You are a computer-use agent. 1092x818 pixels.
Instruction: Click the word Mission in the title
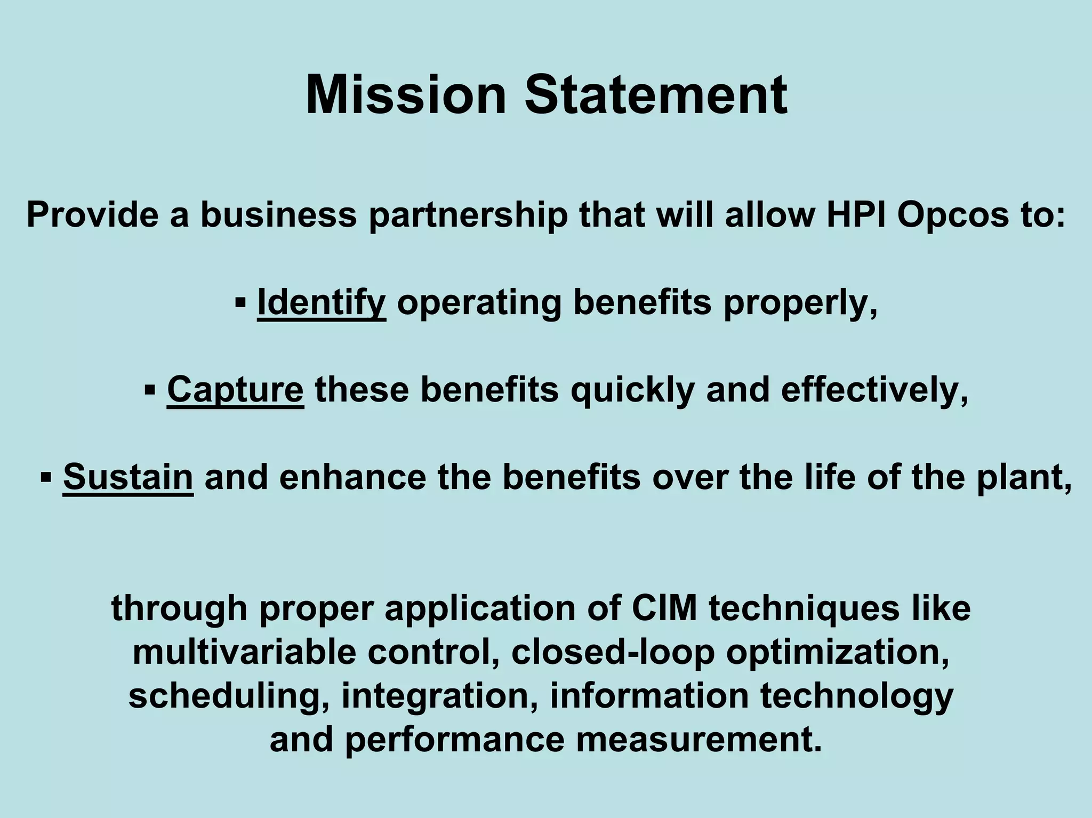[405, 95]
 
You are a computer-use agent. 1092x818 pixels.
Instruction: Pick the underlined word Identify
[322, 302]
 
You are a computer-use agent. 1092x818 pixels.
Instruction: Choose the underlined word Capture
[235, 390]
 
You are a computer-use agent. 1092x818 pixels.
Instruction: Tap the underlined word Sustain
[128, 477]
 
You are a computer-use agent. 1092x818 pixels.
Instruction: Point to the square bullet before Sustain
[46, 476]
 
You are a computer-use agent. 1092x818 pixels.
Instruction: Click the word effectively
[874, 390]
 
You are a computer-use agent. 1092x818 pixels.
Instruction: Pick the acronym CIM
[664, 607]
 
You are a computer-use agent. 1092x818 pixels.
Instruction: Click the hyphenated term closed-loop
[613, 652]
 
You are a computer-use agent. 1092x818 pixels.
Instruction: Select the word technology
[856, 696]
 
